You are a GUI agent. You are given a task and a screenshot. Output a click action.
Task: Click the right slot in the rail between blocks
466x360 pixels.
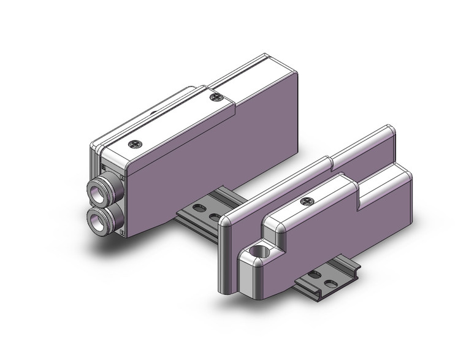tap(214, 216)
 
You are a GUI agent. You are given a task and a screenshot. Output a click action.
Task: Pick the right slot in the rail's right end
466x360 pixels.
tap(331, 283)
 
